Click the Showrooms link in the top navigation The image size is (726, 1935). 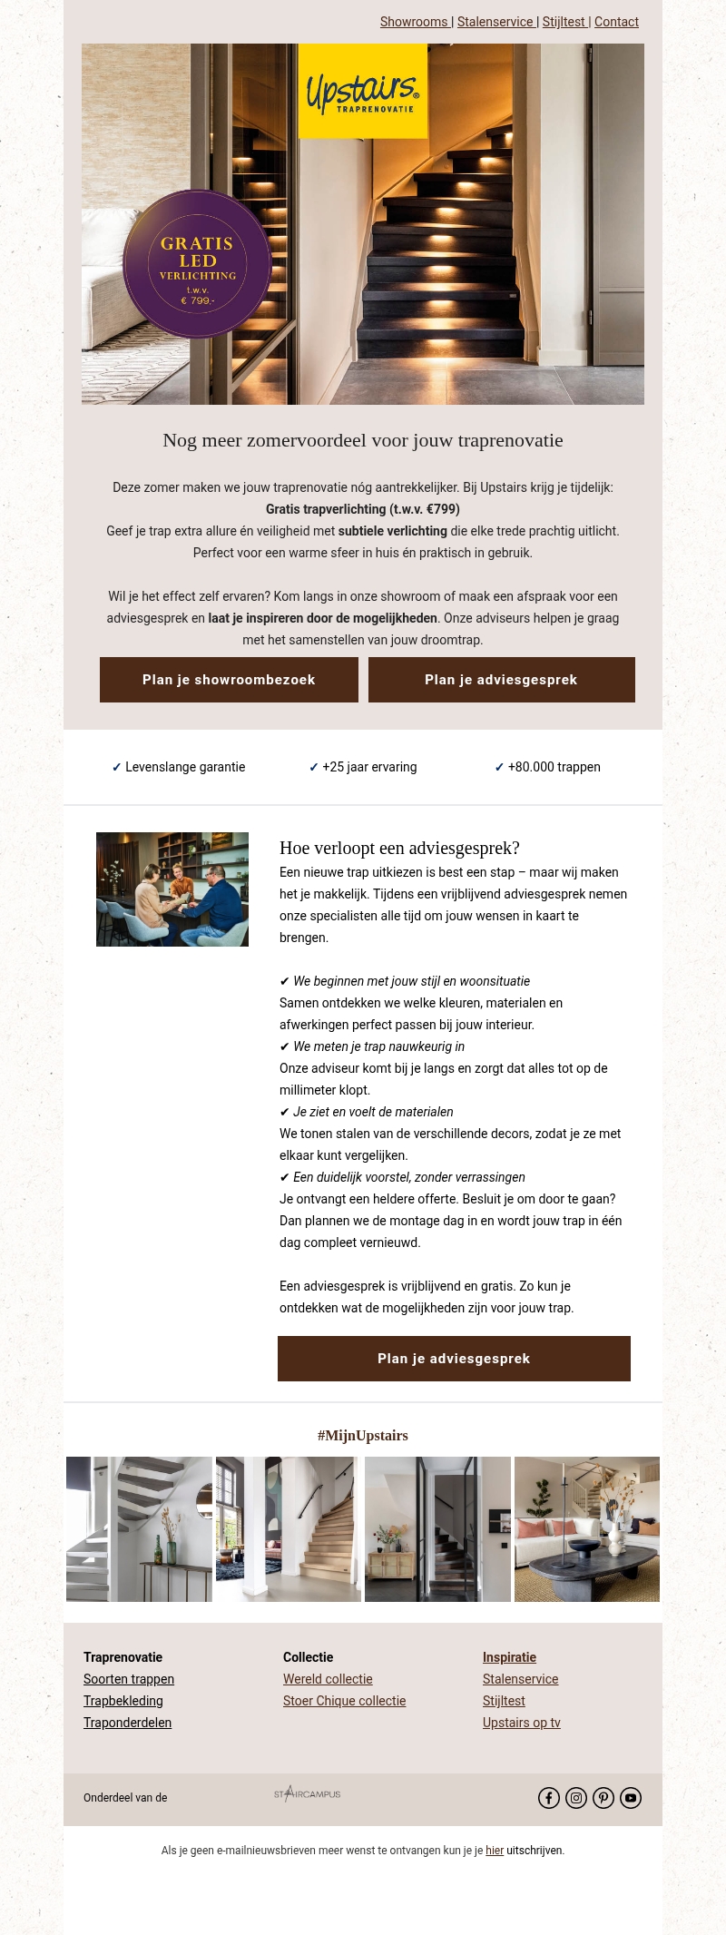pos(414,22)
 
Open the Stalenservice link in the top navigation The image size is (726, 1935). pos(495,22)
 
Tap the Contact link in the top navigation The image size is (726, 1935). pos(616,22)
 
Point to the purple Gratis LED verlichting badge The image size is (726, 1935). pos(197,263)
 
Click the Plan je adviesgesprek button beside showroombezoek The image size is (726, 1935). pos(501,680)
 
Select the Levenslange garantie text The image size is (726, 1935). pos(185,767)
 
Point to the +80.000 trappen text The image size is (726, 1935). pos(554,767)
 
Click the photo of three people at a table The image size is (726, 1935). pos(172,889)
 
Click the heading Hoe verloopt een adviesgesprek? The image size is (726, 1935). pos(399,848)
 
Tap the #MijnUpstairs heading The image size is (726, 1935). pos(362,1436)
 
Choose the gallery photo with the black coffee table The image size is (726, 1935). pos(587,1529)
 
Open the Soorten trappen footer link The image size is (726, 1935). pos(129,1679)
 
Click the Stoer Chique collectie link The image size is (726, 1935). pos(344,1701)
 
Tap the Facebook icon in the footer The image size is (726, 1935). pos(549,1798)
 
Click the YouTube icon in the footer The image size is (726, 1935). pos(631,1798)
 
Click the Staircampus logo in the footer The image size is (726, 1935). pos(308,1793)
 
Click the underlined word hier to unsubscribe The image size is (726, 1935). pos(495,1851)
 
